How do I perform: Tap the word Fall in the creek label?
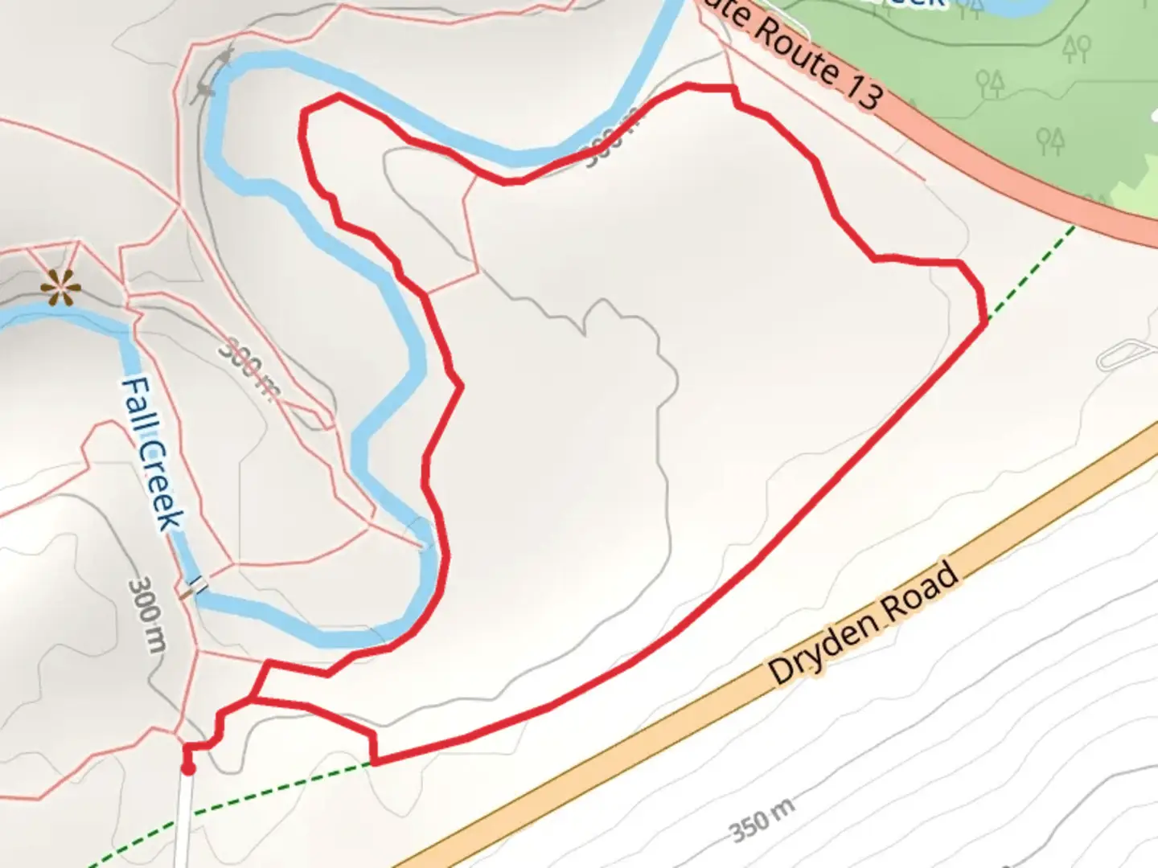coord(137,406)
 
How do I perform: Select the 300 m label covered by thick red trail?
coord(611,141)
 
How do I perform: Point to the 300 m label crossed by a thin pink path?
coord(250,368)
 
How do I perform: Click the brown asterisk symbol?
coord(60,287)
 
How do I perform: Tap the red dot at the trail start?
coord(188,769)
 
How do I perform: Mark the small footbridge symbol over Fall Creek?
coord(194,588)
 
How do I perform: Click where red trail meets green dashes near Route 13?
coord(985,321)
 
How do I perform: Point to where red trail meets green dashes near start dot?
coord(373,763)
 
